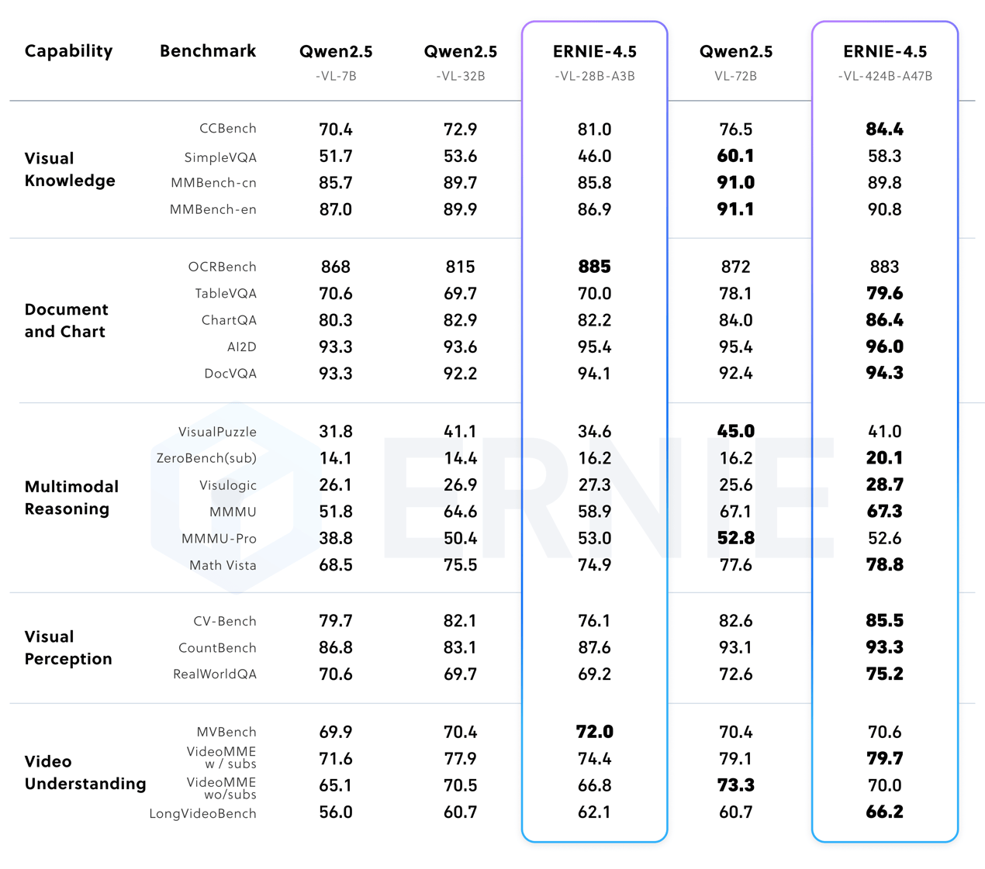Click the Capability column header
coord(68,51)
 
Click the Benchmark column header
coord(207,51)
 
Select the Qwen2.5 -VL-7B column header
coord(336,61)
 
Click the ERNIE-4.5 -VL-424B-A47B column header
coord(885,61)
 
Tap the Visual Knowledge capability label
coord(69,169)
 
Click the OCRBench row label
coord(222,267)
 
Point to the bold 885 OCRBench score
coord(594,267)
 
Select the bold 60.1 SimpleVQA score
coord(735,156)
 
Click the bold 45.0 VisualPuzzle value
coord(735,431)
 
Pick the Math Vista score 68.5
coord(336,565)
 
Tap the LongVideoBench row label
coord(202,813)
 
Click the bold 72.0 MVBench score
coord(594,732)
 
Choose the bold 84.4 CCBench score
coord(884,129)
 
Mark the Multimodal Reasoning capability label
coord(71,498)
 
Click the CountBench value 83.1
coord(460,647)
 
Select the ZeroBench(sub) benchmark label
coord(206,458)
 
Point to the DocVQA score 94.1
coord(594,374)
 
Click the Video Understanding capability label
coord(85,772)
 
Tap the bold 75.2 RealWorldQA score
coord(884,674)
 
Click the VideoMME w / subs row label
coord(221,757)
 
